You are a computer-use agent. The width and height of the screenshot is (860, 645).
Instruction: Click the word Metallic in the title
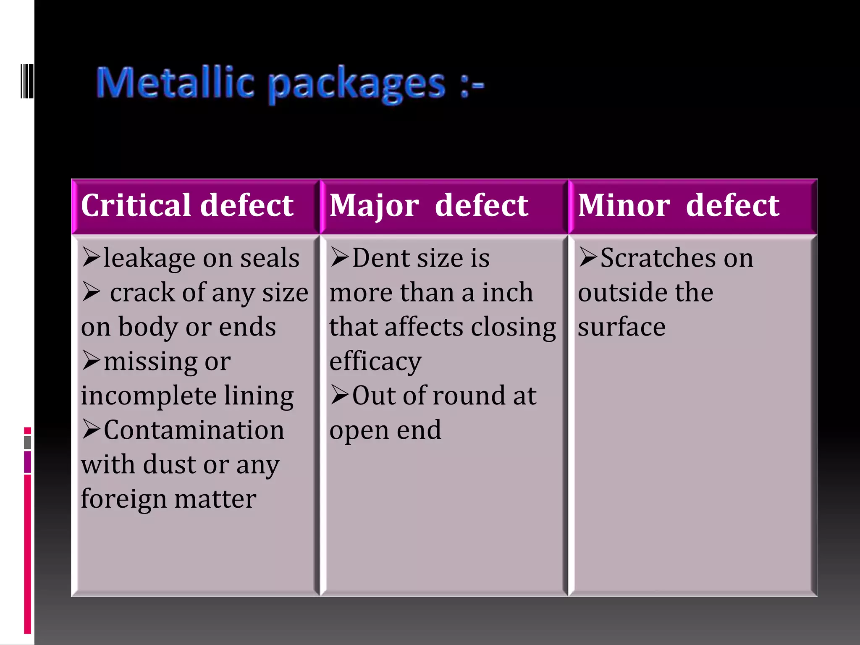(175, 83)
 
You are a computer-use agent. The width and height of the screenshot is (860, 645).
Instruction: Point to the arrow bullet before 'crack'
(91, 291)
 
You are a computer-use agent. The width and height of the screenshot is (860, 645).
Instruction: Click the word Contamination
(194, 430)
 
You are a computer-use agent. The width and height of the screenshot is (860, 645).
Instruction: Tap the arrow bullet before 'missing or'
(91, 360)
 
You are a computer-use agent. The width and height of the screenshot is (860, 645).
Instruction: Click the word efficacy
(375, 361)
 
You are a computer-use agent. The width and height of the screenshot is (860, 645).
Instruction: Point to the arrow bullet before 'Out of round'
(339, 395)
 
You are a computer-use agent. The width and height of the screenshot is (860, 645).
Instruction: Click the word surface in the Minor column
(621, 327)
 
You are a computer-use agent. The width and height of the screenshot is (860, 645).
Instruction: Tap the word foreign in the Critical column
(124, 499)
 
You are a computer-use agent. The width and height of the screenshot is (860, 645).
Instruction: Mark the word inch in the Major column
(507, 292)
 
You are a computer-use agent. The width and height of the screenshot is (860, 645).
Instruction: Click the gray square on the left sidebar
(28, 442)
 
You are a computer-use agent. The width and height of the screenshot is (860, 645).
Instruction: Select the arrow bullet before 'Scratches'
(588, 257)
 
